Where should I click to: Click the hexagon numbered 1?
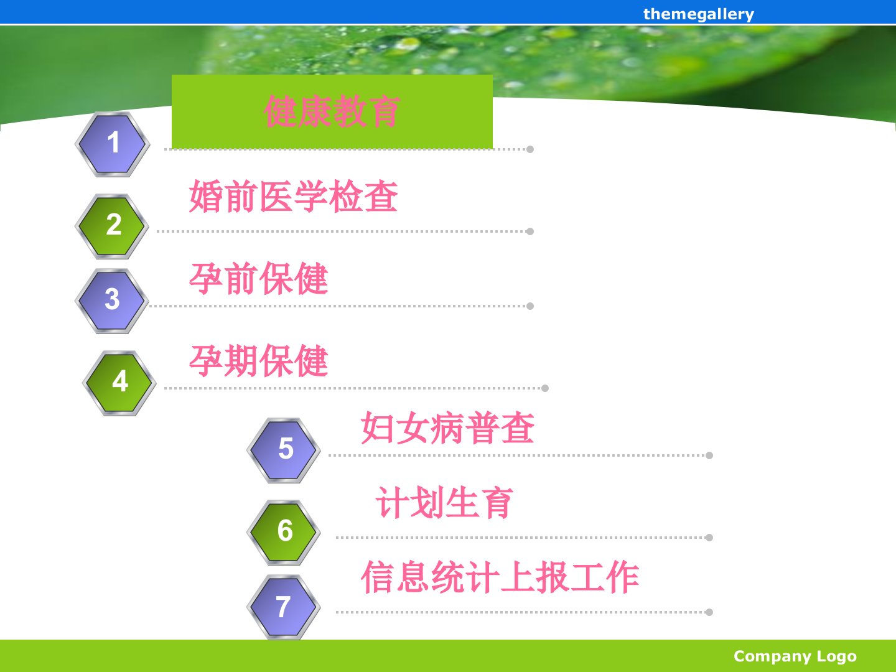tap(112, 144)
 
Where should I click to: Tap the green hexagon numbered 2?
tap(112, 226)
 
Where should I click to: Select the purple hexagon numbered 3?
tap(112, 301)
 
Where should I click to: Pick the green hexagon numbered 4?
tap(119, 383)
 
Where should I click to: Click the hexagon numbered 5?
tap(284, 450)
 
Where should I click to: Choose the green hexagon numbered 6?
tap(284, 532)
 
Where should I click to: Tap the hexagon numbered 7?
tap(284, 607)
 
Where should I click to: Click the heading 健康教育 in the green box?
tap(332, 111)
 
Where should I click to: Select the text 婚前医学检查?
tap(293, 196)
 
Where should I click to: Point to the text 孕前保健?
tap(258, 278)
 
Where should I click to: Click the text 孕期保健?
tap(258, 361)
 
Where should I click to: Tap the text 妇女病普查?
tap(448, 427)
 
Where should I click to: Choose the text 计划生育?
tap(444, 502)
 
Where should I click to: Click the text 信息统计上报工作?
tap(500, 577)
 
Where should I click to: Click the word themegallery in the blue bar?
tap(698, 14)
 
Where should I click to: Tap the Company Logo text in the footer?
tap(795, 656)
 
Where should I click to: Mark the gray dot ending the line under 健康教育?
tap(530, 149)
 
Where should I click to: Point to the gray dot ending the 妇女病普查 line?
tap(709, 455)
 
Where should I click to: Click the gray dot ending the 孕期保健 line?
tap(545, 388)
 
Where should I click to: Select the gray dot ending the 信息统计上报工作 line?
tap(709, 612)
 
